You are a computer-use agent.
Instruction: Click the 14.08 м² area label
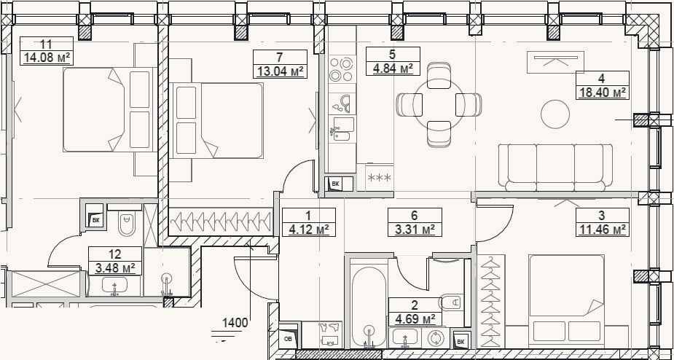[x=47, y=58]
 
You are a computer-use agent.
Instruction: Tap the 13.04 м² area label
[x=280, y=71]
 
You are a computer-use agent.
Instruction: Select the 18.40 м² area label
[x=602, y=92]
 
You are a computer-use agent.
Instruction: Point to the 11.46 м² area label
[x=602, y=230]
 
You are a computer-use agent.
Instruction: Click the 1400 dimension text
[x=235, y=323]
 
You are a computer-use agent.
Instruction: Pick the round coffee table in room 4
[x=555, y=114]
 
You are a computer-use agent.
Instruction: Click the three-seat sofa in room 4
[x=555, y=168]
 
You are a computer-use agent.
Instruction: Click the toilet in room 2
[x=451, y=303]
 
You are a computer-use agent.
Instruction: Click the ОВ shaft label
[x=288, y=338]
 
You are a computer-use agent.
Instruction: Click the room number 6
[x=415, y=215]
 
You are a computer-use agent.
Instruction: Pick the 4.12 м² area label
[x=309, y=230]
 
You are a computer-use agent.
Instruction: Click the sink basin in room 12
[x=114, y=286]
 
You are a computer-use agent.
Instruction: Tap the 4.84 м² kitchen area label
[x=393, y=68]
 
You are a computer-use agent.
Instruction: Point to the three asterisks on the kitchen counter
[x=380, y=177]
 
